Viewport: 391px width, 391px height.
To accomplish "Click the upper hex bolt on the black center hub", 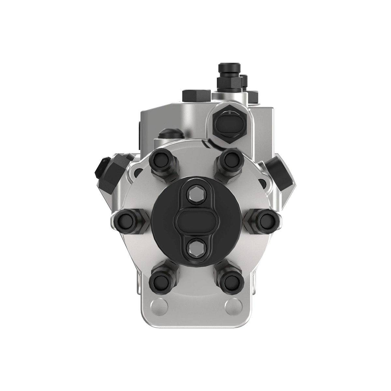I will click(x=195, y=195).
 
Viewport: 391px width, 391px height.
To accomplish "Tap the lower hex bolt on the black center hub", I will click(x=195, y=247).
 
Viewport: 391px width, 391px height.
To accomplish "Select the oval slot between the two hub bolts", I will click(x=195, y=221).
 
